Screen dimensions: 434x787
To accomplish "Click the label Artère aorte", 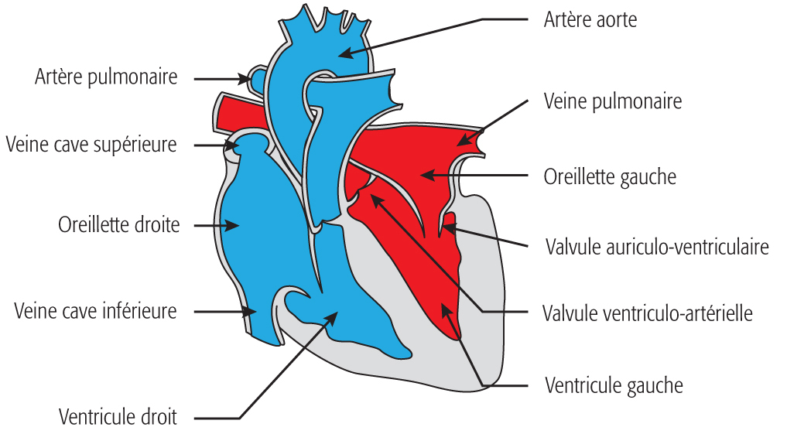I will click(590, 19).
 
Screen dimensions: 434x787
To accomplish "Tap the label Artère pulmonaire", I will click(106, 77).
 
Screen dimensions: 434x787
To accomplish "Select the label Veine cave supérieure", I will click(91, 145).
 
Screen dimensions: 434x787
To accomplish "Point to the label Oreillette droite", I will click(118, 225).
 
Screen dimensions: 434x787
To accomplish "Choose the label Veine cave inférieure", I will click(95, 311).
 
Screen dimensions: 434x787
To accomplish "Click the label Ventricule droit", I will click(118, 417).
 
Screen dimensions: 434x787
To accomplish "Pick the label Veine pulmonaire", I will click(612, 101).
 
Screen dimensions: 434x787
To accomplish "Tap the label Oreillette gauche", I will click(610, 176).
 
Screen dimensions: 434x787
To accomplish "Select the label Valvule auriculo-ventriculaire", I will click(656, 247).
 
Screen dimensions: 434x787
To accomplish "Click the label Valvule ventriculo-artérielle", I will click(647, 313).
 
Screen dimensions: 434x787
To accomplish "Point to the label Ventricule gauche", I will click(614, 384).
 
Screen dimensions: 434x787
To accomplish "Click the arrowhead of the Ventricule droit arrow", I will click(334, 314).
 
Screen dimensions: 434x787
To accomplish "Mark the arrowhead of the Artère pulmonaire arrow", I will click(246, 78).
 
